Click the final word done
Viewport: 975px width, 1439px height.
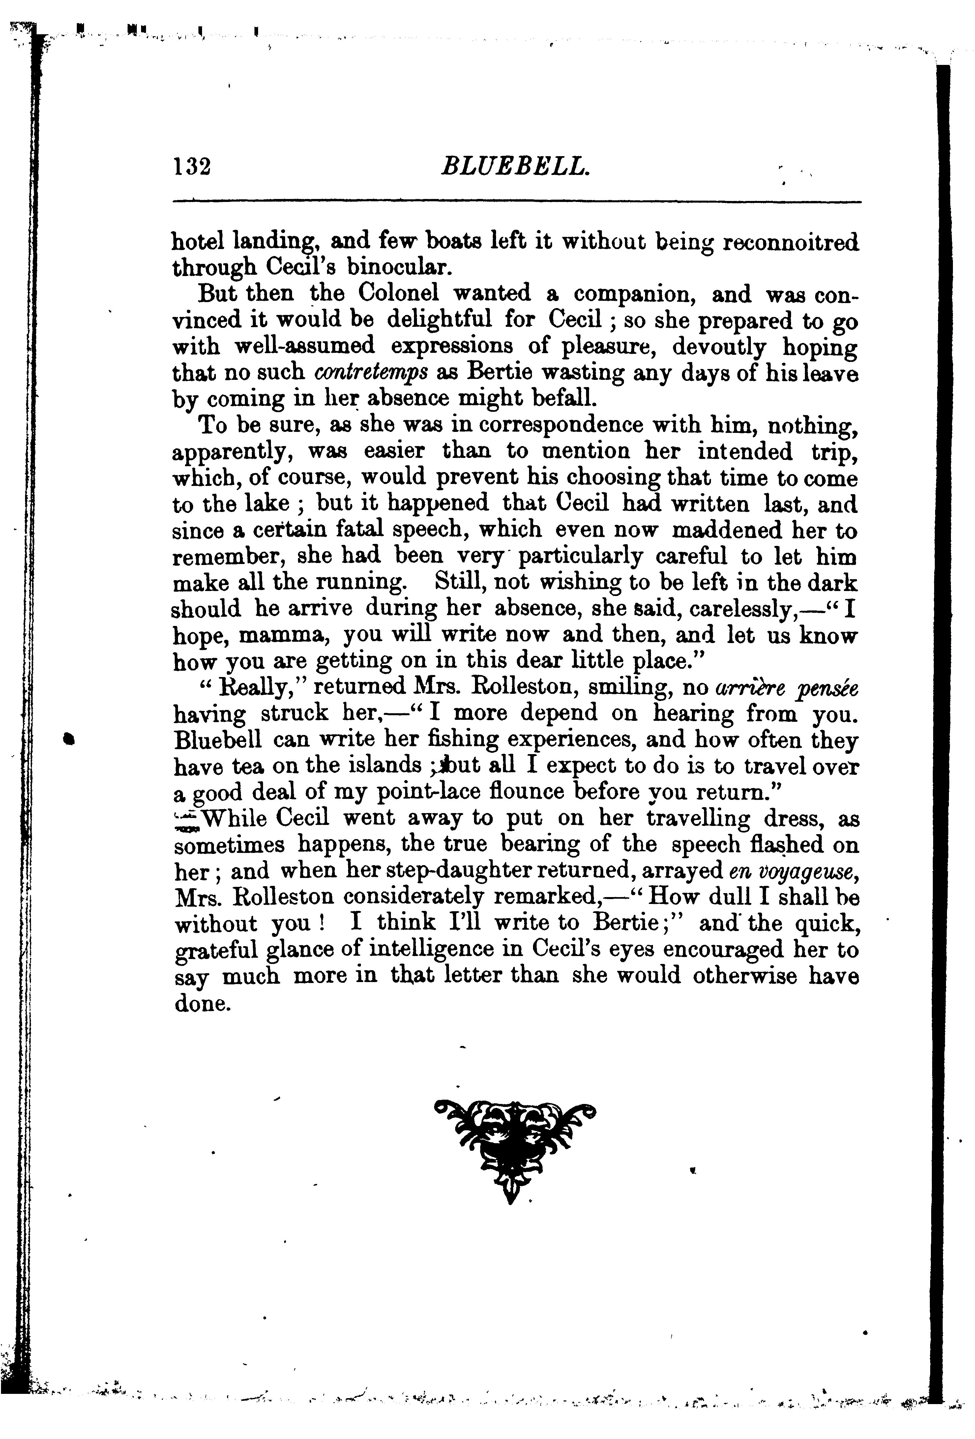[203, 1003]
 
